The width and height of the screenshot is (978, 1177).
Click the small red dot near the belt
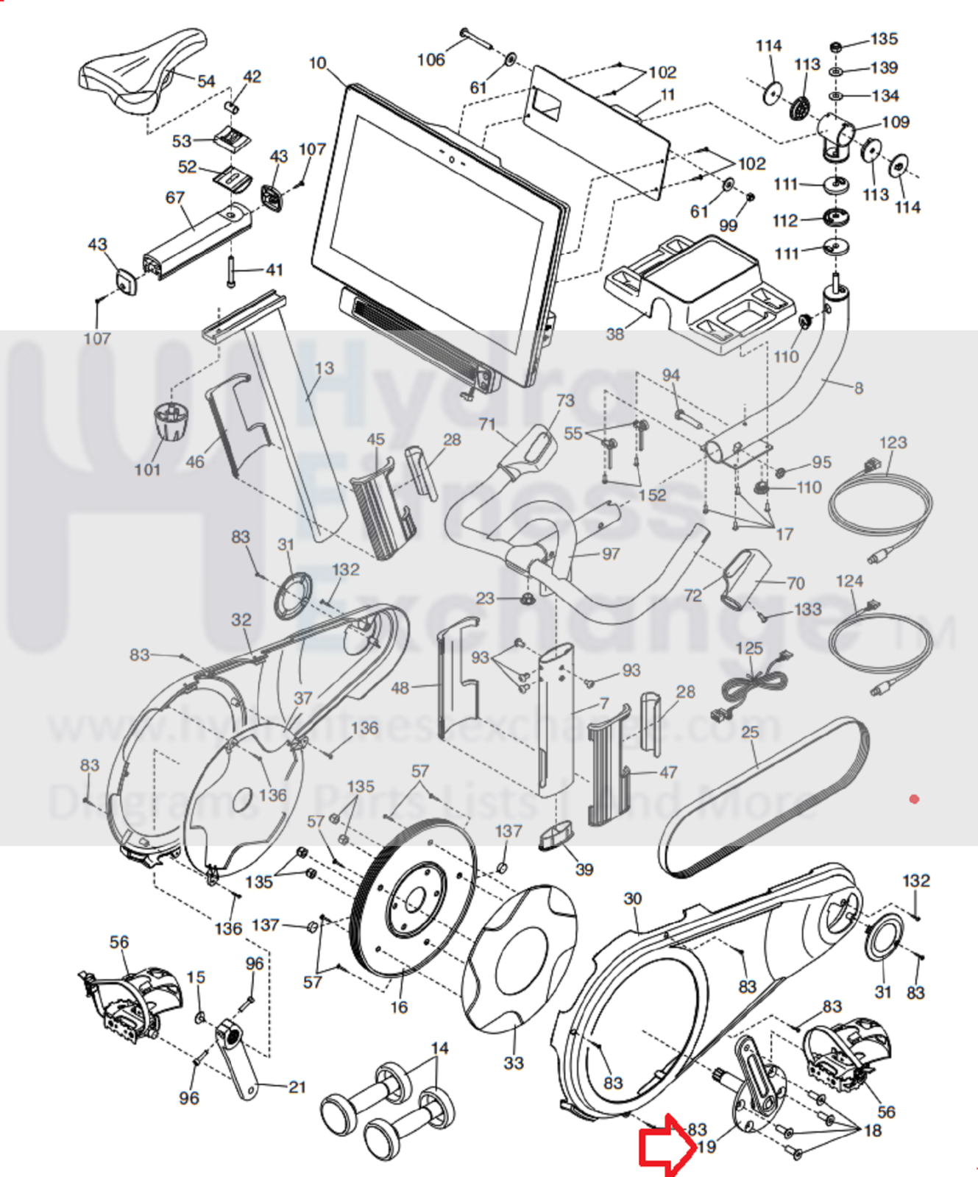(x=914, y=799)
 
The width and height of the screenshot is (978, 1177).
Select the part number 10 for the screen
(x=317, y=63)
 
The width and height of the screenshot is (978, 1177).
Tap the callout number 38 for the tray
(x=614, y=334)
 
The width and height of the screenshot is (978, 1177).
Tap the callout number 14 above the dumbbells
(x=439, y=1048)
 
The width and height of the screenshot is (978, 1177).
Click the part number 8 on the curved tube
(x=859, y=388)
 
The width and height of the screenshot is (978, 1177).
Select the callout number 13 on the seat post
(x=324, y=368)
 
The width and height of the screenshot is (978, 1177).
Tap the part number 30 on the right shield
(x=633, y=899)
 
